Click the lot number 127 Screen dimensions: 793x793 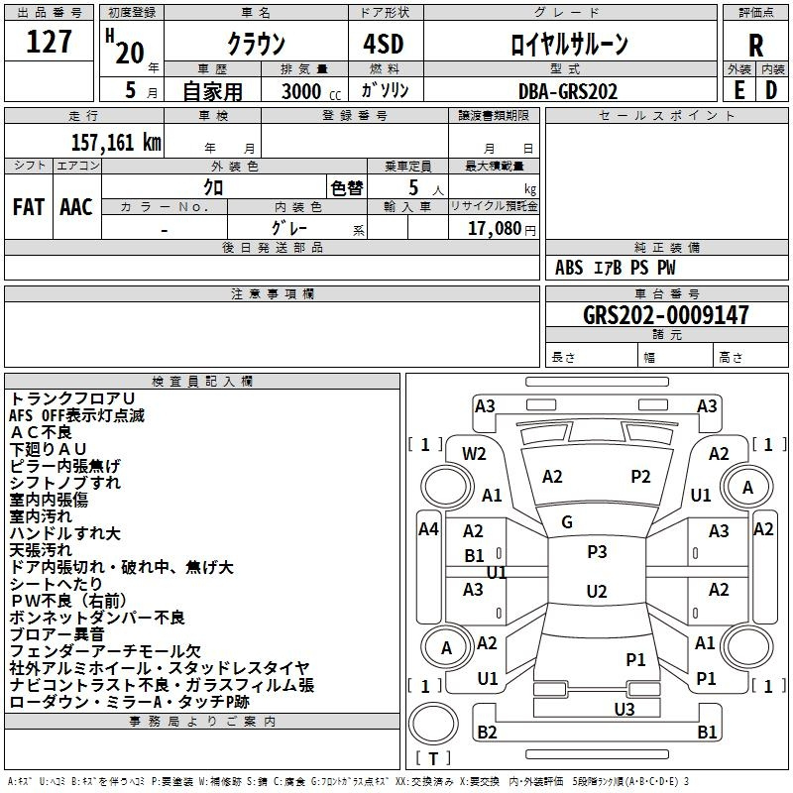point(49,44)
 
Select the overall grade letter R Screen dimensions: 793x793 point(755,46)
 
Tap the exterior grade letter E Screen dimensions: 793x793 point(738,89)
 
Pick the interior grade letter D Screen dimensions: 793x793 point(771,89)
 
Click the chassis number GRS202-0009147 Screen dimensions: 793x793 point(666,316)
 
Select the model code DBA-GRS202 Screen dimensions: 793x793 point(568,91)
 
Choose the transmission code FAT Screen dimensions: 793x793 point(28,207)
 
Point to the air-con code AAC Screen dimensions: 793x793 point(75,207)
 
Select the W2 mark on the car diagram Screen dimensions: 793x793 point(475,454)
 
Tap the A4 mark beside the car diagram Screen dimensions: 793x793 point(428,529)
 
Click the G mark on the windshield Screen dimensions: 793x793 point(567,522)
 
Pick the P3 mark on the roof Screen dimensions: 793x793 point(597,552)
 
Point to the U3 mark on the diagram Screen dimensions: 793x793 point(623,709)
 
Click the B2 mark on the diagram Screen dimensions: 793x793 point(487,733)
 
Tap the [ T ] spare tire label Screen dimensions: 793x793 point(433,759)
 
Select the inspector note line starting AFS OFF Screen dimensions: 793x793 point(76,415)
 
